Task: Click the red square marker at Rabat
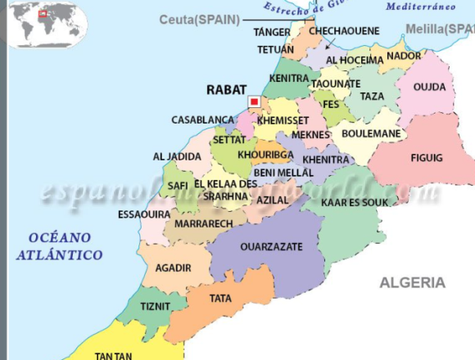click(x=254, y=101)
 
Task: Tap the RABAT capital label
click(x=225, y=89)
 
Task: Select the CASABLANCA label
click(x=202, y=119)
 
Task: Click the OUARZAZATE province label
click(x=271, y=246)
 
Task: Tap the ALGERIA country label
click(x=412, y=282)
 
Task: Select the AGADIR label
click(x=173, y=268)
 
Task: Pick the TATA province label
click(x=220, y=299)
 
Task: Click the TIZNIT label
click(x=156, y=306)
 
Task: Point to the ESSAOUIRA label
click(x=144, y=214)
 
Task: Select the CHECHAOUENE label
click(x=344, y=30)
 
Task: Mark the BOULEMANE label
click(x=371, y=133)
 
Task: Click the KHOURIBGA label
click(x=265, y=154)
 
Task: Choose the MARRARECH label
click(x=204, y=223)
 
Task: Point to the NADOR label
click(x=404, y=56)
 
